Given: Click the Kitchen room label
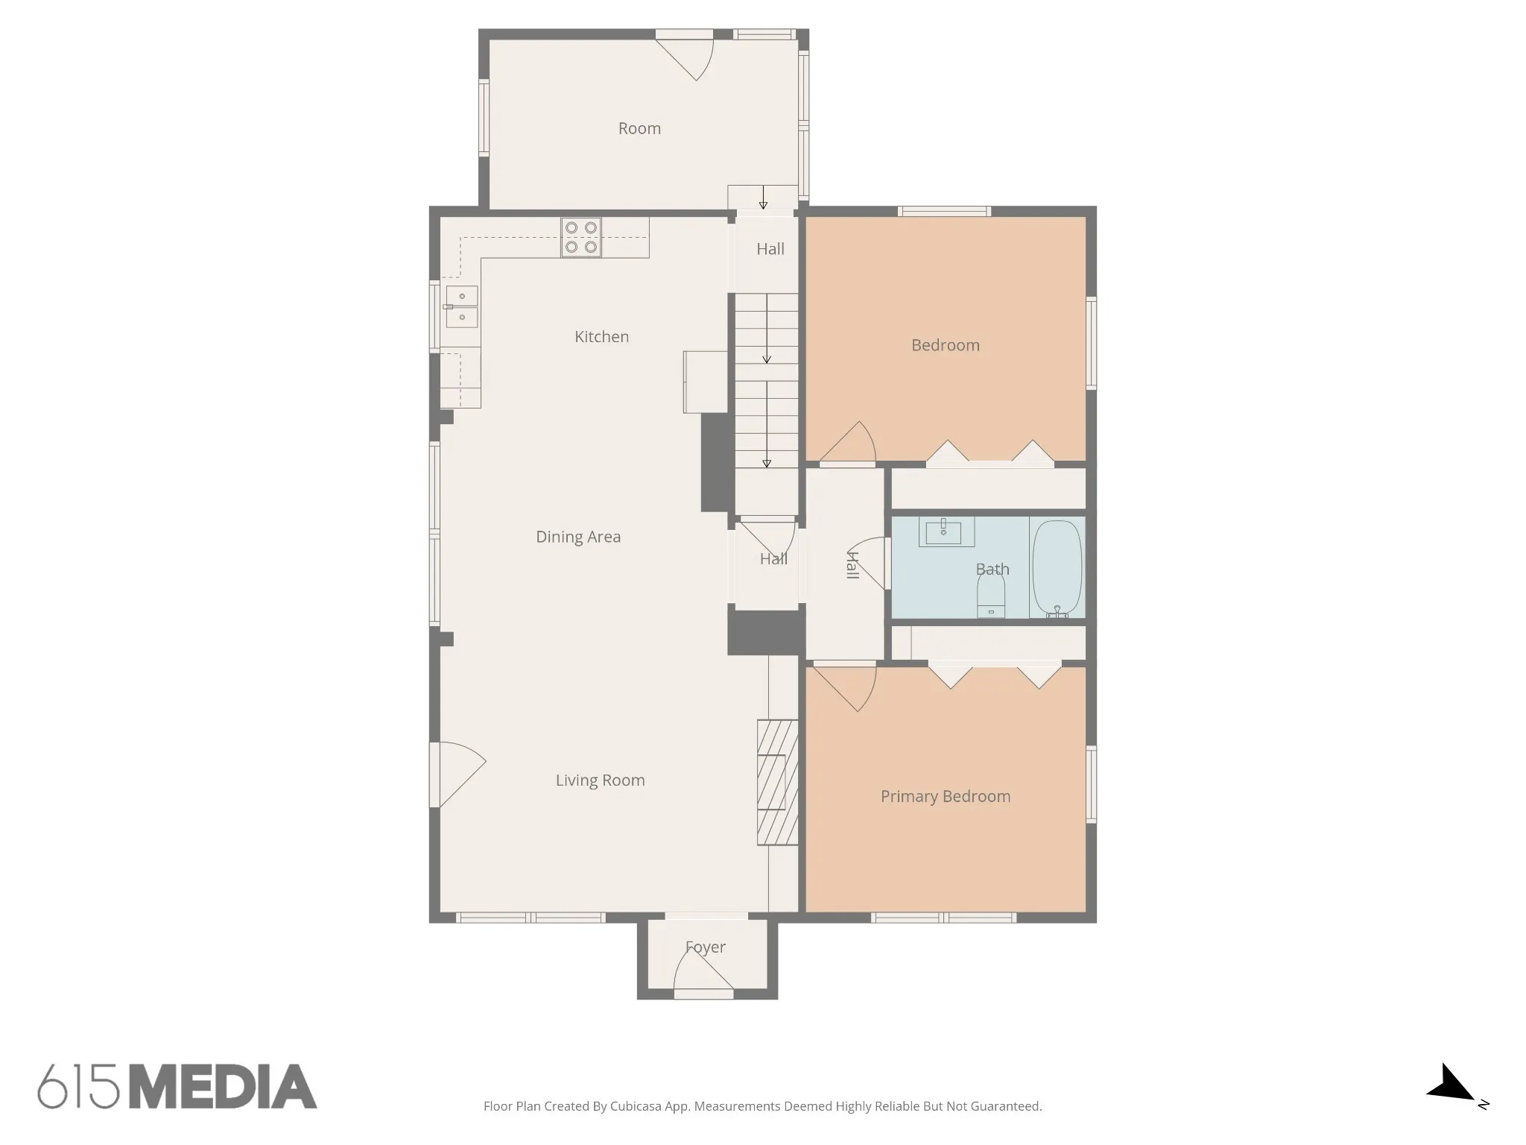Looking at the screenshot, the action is pyautogui.click(x=601, y=337).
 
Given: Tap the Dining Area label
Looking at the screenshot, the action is pyautogui.click(x=578, y=537).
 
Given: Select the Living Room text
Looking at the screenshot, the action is pyautogui.click(x=600, y=780).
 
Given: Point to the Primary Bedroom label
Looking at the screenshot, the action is pyautogui.click(x=946, y=797).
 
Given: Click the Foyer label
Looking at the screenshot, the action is pyautogui.click(x=705, y=947).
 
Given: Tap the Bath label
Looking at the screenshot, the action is pyautogui.click(x=992, y=570).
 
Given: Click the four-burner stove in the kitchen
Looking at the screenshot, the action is pyautogui.click(x=581, y=237).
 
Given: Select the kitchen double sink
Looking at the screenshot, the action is pyautogui.click(x=461, y=307).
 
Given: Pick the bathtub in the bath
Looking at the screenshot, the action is pyautogui.click(x=1057, y=568).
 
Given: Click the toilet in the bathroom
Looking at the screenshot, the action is pyautogui.click(x=991, y=599).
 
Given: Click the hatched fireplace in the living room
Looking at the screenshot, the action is pyautogui.click(x=777, y=782).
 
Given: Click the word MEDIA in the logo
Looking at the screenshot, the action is pyautogui.click(x=223, y=1087).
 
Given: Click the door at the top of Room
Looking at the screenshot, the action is pyautogui.click(x=685, y=55).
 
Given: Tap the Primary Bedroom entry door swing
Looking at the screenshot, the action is pyautogui.click(x=845, y=687).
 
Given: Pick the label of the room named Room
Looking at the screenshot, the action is pyautogui.click(x=639, y=128).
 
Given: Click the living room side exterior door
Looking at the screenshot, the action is pyautogui.click(x=458, y=775).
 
